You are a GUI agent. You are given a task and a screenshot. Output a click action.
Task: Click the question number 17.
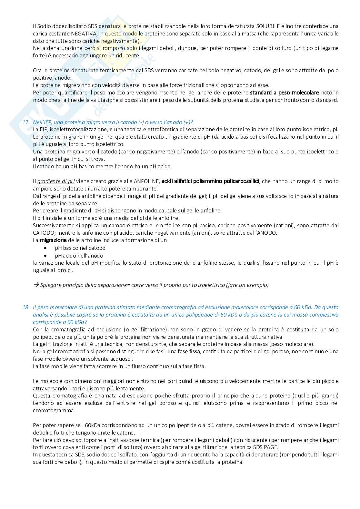[x=25, y=122]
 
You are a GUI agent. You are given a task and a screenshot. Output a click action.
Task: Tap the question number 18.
[x=25, y=307]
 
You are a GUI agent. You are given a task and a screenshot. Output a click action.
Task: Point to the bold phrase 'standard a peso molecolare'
[x=284, y=93]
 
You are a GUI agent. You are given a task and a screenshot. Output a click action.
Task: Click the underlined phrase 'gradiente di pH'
[x=56, y=181]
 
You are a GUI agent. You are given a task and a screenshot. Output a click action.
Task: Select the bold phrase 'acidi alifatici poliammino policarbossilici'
[x=210, y=181]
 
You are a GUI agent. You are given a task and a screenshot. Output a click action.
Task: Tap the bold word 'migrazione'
[x=53, y=240]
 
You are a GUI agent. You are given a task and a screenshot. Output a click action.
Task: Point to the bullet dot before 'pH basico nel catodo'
[x=45, y=248]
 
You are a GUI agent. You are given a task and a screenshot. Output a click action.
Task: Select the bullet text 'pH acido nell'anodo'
[x=79, y=256]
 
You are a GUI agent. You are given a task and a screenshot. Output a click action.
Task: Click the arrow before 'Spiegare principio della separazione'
[x=36, y=285]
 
